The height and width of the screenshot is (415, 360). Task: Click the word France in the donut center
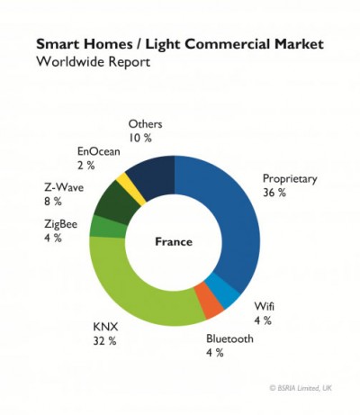coord(174,241)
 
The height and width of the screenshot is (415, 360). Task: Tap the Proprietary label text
coord(289,179)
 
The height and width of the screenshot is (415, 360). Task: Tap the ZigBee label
coord(60,224)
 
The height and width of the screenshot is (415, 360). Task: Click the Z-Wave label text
coord(62,188)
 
